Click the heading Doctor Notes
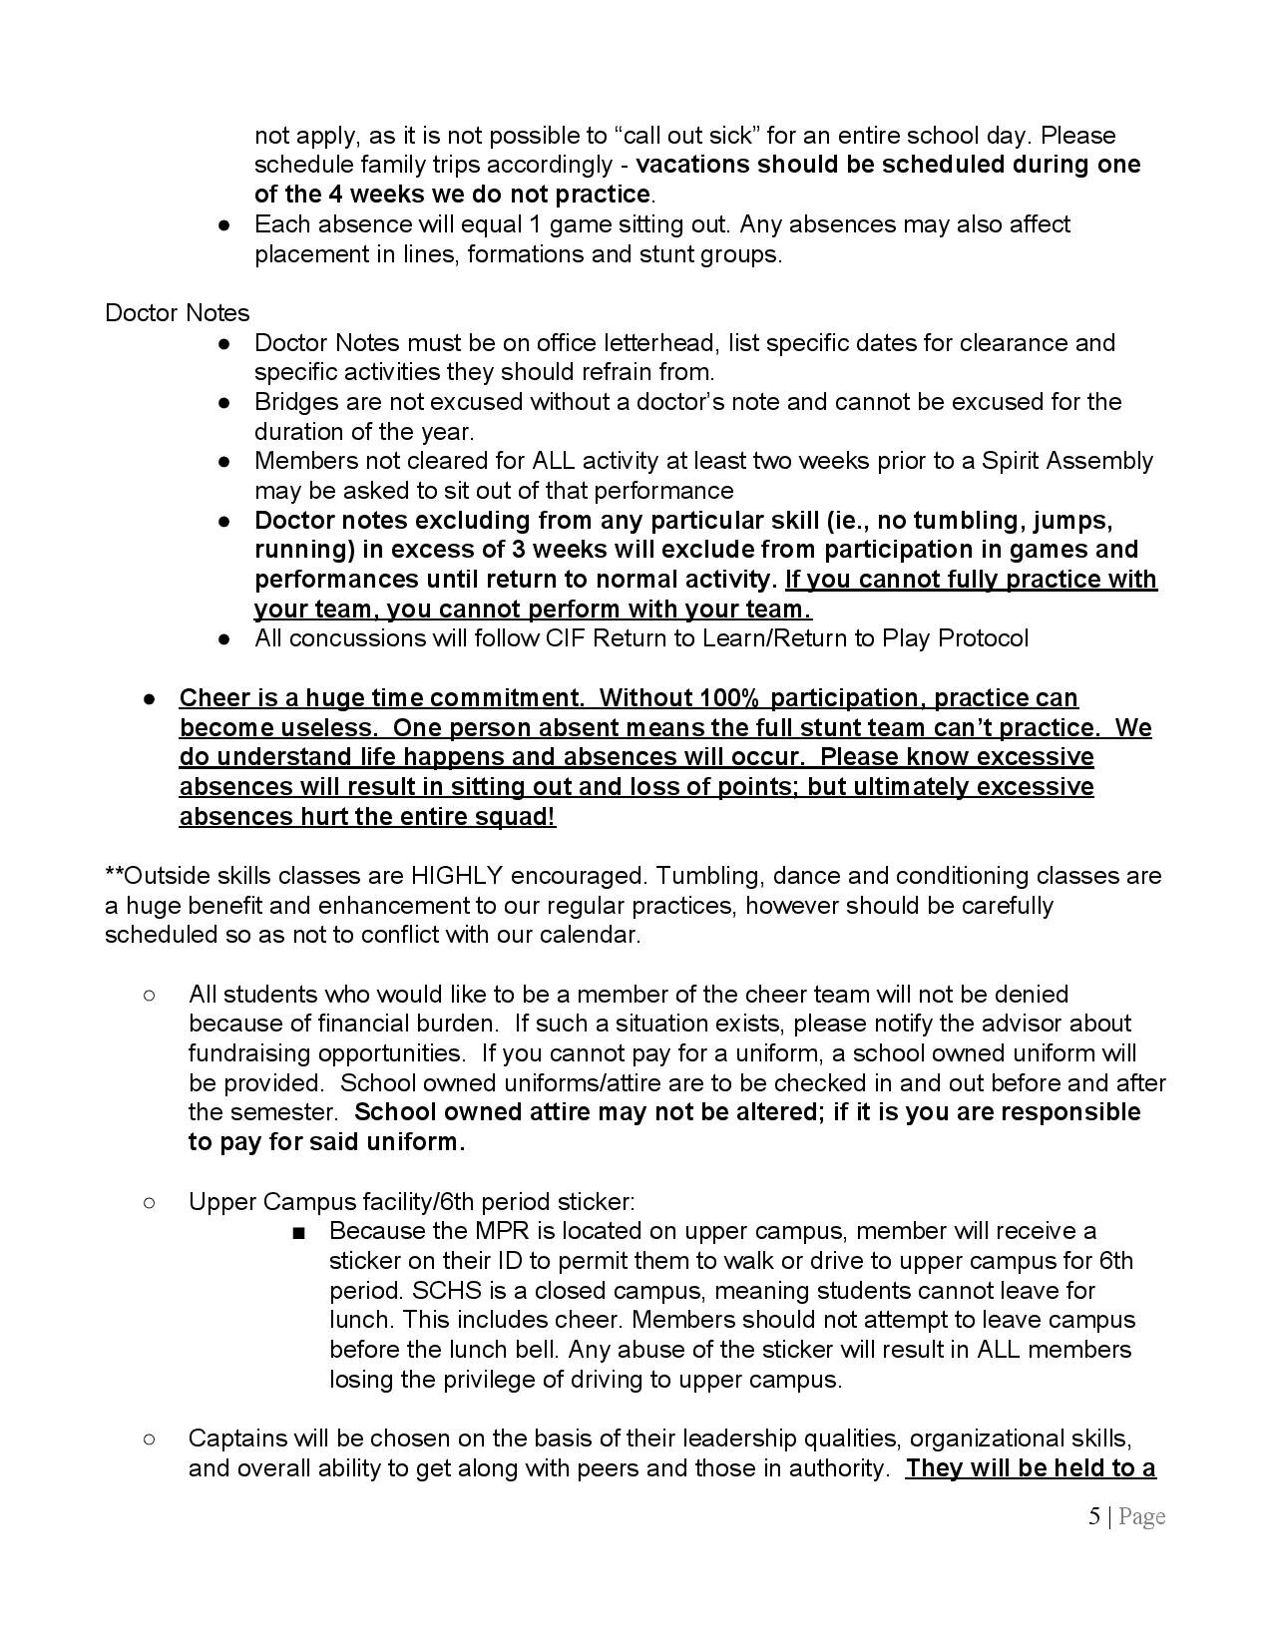pos(177,313)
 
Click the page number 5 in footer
pos(1094,1517)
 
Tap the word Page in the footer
pos(1141,1517)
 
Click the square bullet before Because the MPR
pos(297,1233)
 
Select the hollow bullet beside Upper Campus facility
pos(148,1202)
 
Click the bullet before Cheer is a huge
pos(148,698)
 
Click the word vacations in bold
pos(692,165)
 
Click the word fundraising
pos(249,1053)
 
